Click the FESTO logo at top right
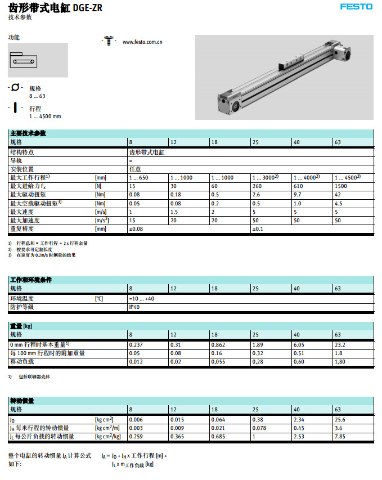coord(356,7)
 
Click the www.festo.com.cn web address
coord(142,42)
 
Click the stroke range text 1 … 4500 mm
coord(45,116)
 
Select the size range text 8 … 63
coord(37,96)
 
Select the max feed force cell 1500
coord(341,185)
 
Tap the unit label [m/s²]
coord(102,221)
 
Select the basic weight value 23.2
coord(340,344)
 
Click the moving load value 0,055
coord(218,361)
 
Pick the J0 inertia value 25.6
coord(340,419)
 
